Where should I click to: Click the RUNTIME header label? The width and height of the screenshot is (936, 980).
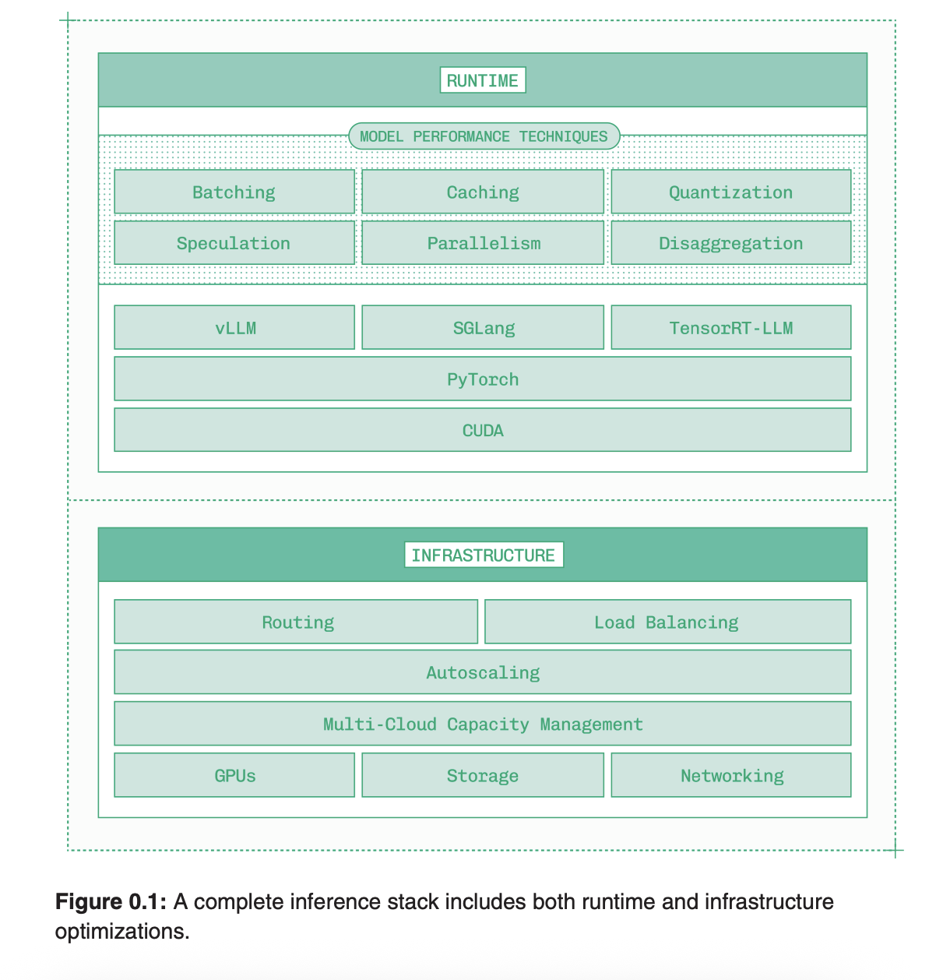[x=483, y=80]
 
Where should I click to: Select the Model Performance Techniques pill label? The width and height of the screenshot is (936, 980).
[x=484, y=136]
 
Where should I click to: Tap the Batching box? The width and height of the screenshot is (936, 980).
[x=234, y=192]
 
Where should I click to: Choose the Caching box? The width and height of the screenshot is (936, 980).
[x=483, y=192]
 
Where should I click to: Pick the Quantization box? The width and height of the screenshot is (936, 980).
[x=730, y=192]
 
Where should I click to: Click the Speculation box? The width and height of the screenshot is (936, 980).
[x=234, y=243]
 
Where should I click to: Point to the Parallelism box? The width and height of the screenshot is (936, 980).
[x=483, y=243]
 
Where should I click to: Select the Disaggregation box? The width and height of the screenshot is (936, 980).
[x=730, y=243]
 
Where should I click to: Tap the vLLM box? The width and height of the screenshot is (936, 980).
[x=234, y=328]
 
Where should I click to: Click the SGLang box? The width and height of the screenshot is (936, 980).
[x=483, y=328]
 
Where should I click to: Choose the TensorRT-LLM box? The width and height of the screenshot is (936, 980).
[x=730, y=328]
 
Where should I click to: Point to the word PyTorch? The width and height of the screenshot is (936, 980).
[x=483, y=379]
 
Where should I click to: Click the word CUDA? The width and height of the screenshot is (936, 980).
[x=483, y=430]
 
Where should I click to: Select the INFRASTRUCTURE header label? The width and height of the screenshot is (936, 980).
[x=484, y=555]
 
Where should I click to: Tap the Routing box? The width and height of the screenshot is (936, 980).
[x=297, y=622]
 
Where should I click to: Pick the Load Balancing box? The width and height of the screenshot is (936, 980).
[x=667, y=622]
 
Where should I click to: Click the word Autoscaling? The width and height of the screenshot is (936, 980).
[x=483, y=673]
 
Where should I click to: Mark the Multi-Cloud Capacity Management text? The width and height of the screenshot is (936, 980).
[x=483, y=724]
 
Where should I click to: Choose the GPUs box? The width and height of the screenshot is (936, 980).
[x=234, y=776]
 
